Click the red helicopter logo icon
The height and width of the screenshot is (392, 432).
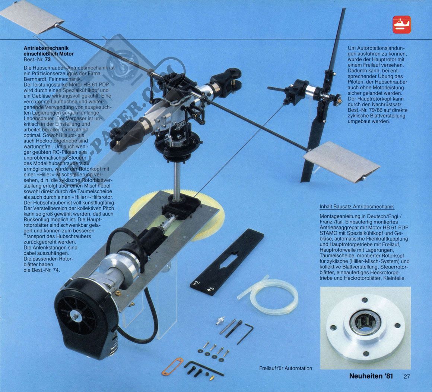tap(401, 25)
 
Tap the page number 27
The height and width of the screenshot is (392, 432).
tap(407, 376)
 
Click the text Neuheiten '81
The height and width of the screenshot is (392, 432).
tap(371, 376)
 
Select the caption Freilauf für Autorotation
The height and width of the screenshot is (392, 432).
tap(285, 368)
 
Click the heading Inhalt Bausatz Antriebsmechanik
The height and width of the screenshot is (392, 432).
tap(357, 207)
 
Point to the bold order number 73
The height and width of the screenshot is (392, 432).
tap(48, 59)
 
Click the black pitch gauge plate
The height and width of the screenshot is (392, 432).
tap(226, 262)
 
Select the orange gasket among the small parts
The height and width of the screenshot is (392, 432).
tap(172, 366)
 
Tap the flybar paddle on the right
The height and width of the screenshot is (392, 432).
tap(342, 160)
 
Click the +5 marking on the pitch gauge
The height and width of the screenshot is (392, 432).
tap(211, 291)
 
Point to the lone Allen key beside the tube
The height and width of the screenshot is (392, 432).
tap(245, 333)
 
